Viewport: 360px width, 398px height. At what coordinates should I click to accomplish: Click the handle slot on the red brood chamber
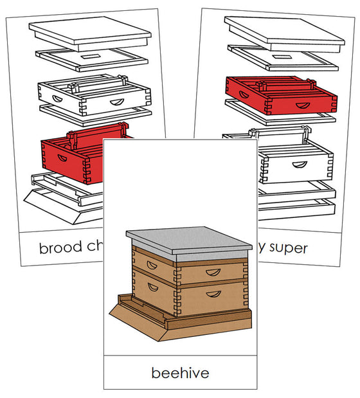click(64, 158)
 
